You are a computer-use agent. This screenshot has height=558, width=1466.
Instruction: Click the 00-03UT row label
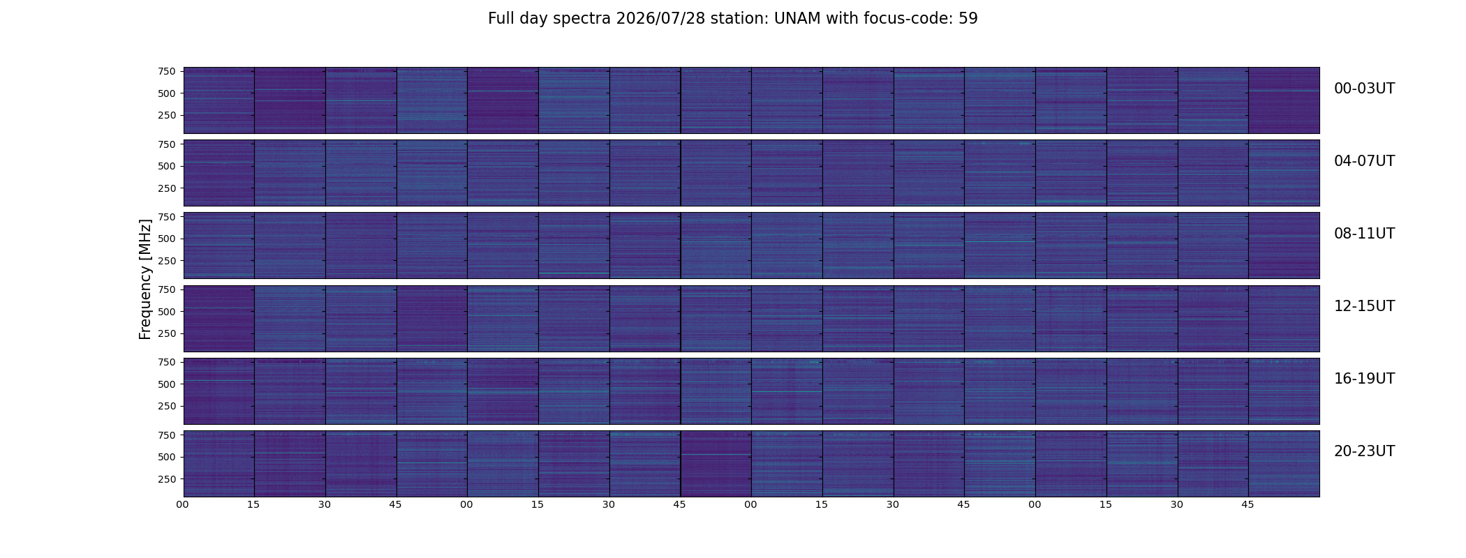pyautogui.click(x=1364, y=89)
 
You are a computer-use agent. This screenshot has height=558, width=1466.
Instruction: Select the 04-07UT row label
pyautogui.click(x=1364, y=161)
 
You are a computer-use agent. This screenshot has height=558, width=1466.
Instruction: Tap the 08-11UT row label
pyautogui.click(x=1364, y=234)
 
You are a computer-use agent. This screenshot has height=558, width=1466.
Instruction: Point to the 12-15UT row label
pyautogui.click(x=1364, y=306)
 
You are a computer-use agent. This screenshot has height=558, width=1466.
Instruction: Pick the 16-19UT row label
pyautogui.click(x=1364, y=379)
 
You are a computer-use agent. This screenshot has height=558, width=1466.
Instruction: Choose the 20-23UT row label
pyautogui.click(x=1364, y=451)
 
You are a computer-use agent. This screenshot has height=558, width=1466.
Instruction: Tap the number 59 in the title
pyautogui.click(x=968, y=19)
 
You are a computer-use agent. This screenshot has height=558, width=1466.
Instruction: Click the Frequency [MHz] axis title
pyautogui.click(x=145, y=279)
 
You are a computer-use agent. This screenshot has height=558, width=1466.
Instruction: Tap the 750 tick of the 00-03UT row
pyautogui.click(x=167, y=71)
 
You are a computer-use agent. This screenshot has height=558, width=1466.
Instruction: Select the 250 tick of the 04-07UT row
pyautogui.click(x=167, y=188)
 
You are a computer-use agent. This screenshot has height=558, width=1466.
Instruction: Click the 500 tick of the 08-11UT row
pyautogui.click(x=167, y=239)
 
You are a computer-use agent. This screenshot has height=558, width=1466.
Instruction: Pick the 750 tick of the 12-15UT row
pyautogui.click(x=167, y=289)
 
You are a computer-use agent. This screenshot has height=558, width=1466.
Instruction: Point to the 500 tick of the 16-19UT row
pyautogui.click(x=167, y=384)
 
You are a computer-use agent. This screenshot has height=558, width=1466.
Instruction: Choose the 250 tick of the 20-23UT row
pyautogui.click(x=167, y=479)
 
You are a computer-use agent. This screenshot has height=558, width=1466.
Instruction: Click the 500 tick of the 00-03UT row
pyautogui.click(x=167, y=93)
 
